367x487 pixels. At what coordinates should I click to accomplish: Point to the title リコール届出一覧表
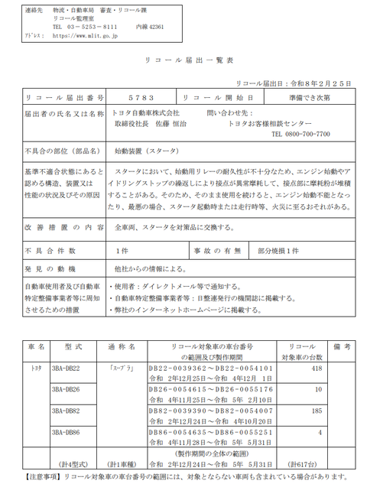point(183,59)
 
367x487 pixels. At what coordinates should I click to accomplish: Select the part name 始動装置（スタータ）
point(146,151)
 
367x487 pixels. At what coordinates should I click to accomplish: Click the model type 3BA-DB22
point(67,368)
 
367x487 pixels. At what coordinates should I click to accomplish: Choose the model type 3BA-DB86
point(67,432)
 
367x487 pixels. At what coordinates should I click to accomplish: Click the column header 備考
point(341,346)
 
